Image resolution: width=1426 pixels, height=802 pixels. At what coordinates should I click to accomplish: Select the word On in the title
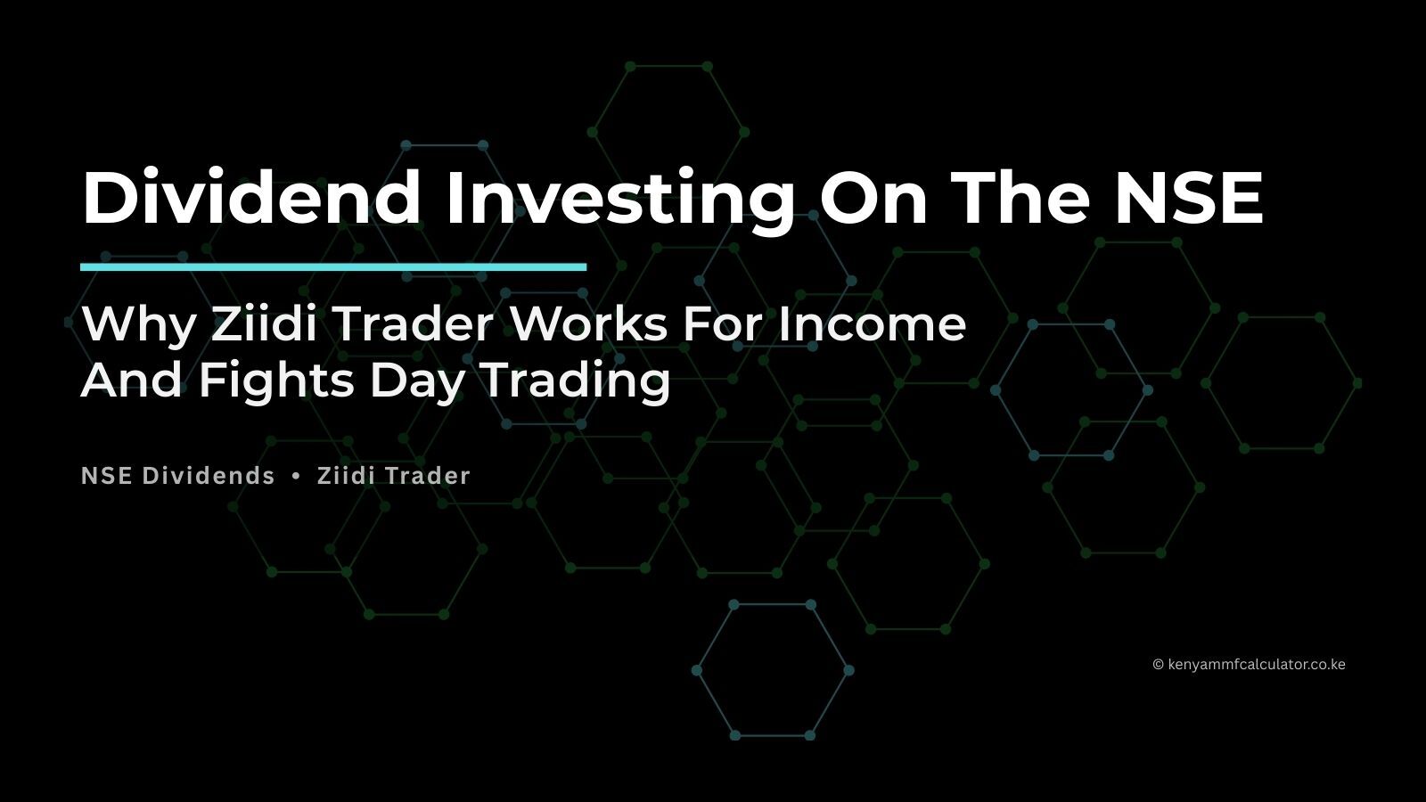871,197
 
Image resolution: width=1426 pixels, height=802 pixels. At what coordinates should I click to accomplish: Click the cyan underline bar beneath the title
333,266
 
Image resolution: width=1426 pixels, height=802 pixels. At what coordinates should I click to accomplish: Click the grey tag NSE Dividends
178,476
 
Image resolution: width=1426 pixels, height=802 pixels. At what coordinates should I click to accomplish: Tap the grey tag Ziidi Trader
394,476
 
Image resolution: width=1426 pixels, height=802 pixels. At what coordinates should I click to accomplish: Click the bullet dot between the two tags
296,476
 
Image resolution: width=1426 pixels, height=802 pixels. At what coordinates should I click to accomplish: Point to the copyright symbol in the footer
1158,664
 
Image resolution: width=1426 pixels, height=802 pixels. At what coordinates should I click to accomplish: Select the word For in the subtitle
723,323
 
